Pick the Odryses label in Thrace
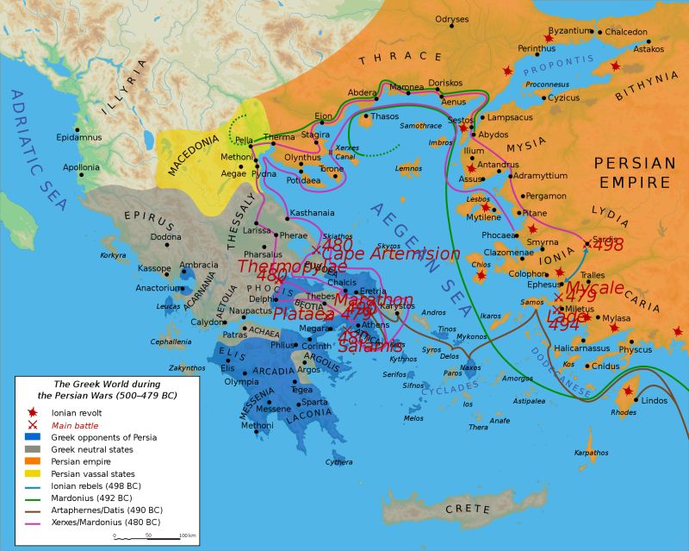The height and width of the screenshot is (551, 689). [x=451, y=19]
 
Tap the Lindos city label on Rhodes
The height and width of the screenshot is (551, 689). [x=655, y=400]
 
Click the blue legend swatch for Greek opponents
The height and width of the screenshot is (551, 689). [x=32, y=437]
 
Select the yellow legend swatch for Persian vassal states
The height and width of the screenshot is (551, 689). [x=32, y=473]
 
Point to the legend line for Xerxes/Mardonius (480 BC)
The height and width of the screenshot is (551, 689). [x=32, y=522]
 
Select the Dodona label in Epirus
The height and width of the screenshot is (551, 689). [x=166, y=236]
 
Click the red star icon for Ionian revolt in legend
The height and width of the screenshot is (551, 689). [x=32, y=413]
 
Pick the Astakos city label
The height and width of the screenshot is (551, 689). [x=648, y=50]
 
